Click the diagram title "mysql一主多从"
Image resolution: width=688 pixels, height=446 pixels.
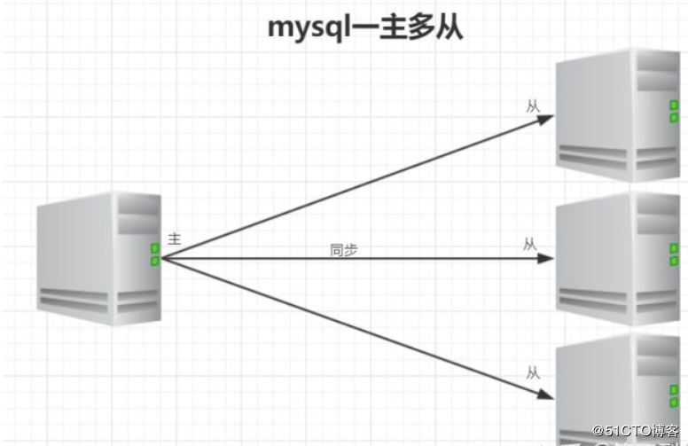pos(365,28)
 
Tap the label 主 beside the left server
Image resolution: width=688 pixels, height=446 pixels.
pos(174,239)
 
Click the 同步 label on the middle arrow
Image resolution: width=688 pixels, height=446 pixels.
pos(344,250)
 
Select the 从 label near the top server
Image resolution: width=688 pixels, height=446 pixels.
pos(533,106)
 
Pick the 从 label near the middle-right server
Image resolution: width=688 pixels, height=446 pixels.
pos(530,244)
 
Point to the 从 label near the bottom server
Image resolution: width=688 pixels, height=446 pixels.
pos(533,373)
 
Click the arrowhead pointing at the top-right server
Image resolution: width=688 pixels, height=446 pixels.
pos(546,119)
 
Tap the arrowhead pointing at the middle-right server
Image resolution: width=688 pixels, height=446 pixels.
pos(546,259)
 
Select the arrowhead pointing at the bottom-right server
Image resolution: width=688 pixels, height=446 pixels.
pos(546,394)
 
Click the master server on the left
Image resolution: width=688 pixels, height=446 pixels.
pos(99,259)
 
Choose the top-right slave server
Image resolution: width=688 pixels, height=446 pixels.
pos(618,115)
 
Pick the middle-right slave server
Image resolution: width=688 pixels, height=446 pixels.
pos(618,259)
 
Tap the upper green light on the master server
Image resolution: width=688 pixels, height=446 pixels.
pos(155,248)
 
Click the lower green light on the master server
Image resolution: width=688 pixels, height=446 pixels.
pos(155,262)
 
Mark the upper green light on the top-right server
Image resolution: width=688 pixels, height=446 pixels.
pos(674,105)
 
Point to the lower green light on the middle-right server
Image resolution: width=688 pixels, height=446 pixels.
pos(674,262)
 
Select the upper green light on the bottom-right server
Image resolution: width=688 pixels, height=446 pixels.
pos(674,390)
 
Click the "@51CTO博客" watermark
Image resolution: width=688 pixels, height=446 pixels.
pos(636,431)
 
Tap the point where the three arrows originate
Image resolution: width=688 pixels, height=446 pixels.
pos(162,259)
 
